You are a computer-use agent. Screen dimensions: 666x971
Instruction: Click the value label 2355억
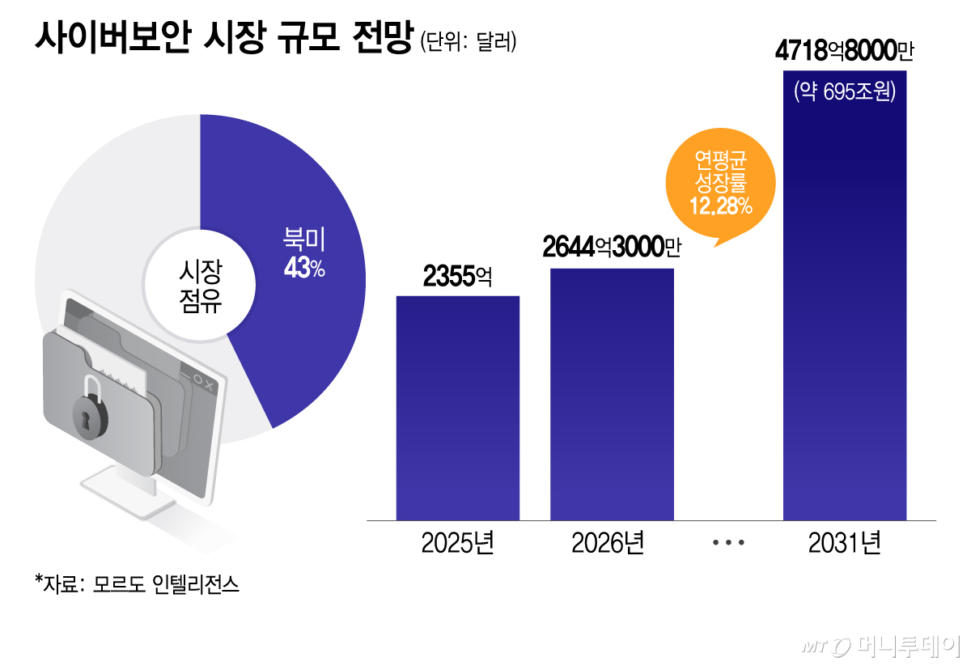[457, 278]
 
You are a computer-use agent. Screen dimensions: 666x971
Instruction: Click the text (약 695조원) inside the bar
[845, 92]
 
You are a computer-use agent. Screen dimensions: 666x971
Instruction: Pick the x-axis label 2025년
[457, 543]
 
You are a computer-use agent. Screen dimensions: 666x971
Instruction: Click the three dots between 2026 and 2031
[728, 544]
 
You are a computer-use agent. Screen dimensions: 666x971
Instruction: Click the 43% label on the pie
[303, 269]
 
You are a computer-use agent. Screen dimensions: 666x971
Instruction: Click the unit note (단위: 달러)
[468, 40]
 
